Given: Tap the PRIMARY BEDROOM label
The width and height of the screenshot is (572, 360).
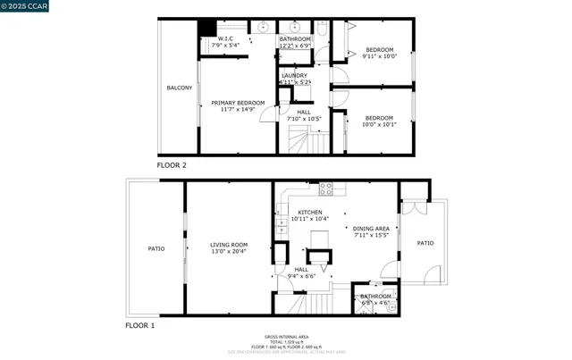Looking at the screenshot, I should [x=238, y=104].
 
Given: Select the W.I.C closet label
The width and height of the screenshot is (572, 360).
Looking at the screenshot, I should [x=226, y=39].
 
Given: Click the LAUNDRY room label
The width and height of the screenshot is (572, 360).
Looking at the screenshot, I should [x=294, y=76].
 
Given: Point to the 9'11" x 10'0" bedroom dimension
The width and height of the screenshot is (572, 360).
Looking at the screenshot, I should [x=380, y=57].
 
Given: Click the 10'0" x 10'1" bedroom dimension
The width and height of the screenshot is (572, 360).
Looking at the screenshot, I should [x=379, y=125].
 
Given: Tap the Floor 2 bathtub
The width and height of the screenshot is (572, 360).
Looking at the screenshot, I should [x=322, y=40].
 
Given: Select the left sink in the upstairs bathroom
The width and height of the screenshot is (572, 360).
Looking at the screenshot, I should [x=264, y=28].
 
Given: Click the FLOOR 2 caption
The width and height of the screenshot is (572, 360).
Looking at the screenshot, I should [x=172, y=165].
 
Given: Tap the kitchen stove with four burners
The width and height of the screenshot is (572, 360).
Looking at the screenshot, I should [x=326, y=188].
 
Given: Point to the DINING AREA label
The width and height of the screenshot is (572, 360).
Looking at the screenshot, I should [x=371, y=229].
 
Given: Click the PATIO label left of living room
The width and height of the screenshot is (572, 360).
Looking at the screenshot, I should [x=156, y=248].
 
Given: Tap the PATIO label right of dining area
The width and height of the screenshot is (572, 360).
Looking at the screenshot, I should [x=425, y=243].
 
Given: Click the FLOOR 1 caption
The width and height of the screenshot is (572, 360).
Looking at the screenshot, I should [x=139, y=325].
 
